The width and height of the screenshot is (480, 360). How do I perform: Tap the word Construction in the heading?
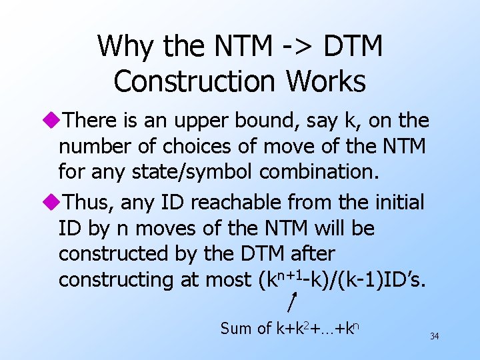coord(197,82)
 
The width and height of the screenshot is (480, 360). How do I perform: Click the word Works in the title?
coord(327,82)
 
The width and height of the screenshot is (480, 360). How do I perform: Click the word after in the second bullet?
coord(311,254)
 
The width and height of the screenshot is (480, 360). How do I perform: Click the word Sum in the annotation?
coord(234,329)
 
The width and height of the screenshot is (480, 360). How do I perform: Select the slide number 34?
coord(434,337)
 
